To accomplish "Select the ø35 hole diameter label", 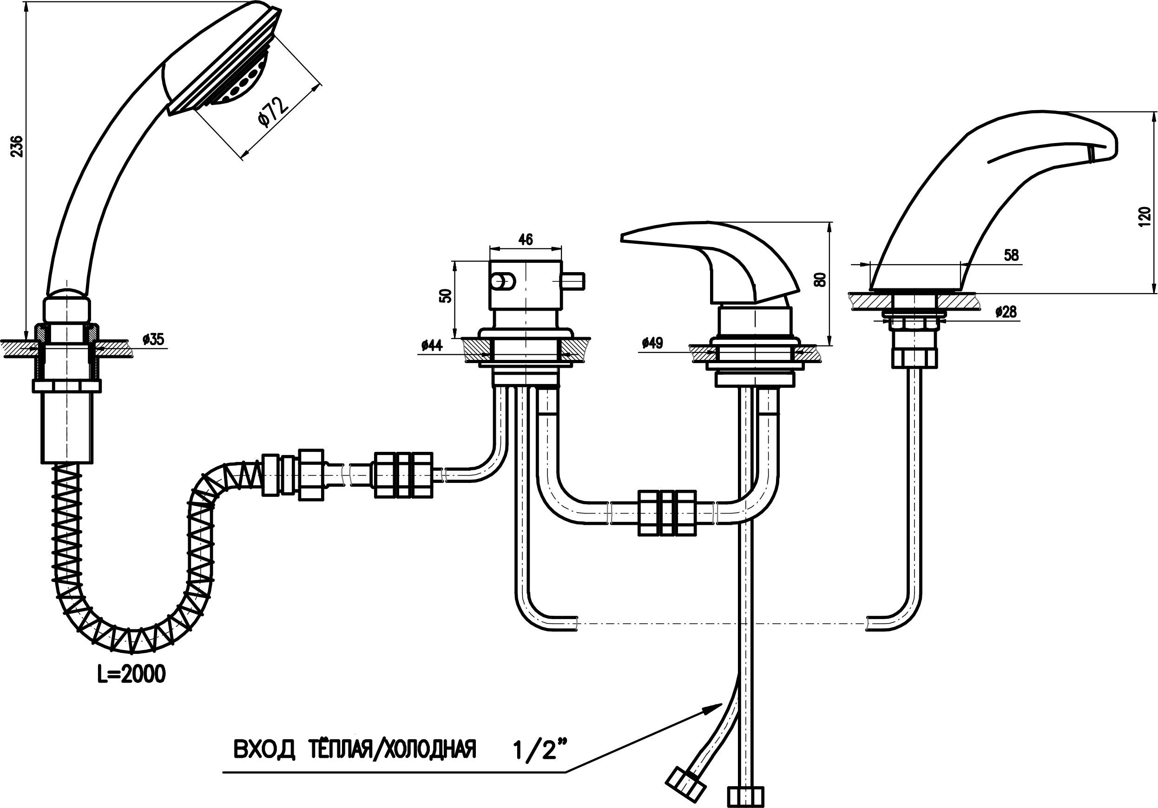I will [153, 339].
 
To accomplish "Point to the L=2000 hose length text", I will [132, 674].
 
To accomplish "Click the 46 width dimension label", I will [526, 240].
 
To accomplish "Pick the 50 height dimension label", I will [446, 296].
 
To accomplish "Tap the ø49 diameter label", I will [652, 343].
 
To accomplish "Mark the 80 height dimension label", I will [821, 279].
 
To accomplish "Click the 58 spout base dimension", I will [1011, 255].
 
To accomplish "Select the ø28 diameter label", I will [1006, 312].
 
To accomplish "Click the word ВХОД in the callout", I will [263, 749].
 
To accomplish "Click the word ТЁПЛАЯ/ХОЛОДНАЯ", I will [392, 749].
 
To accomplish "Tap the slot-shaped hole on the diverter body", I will [502, 280].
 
